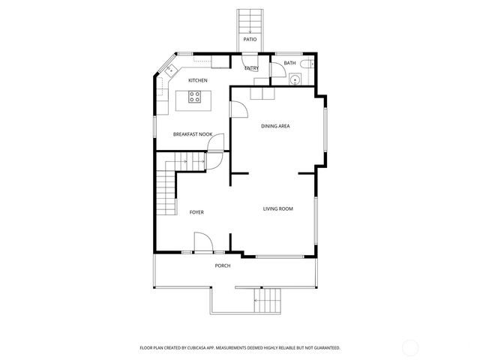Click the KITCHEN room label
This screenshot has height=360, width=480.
(198, 80)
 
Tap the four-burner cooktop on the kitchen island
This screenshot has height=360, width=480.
(194, 96)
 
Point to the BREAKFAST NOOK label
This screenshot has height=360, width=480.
(193, 134)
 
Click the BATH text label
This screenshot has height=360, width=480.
(289, 63)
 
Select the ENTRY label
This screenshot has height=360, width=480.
(251, 69)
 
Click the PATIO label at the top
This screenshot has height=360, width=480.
(249, 38)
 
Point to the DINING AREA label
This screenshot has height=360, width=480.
(275, 126)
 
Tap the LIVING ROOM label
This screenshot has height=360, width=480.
(277, 208)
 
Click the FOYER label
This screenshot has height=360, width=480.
(196, 212)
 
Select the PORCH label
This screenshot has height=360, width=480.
(223, 265)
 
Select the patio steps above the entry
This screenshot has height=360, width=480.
(249, 21)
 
